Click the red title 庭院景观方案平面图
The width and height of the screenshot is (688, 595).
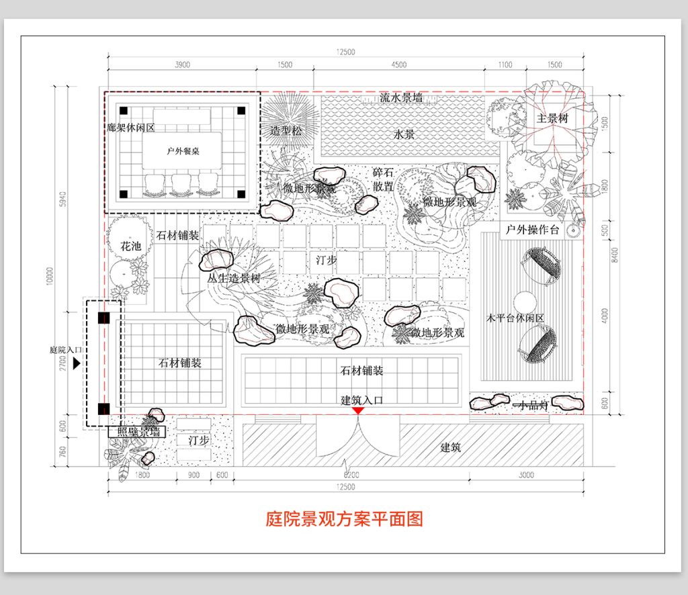click(x=344, y=519)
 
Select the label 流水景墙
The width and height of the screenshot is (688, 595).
click(x=401, y=98)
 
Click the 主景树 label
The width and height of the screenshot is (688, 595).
click(x=553, y=118)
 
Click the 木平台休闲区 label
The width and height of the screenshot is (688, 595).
click(x=515, y=318)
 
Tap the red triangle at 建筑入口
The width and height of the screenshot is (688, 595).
click(x=359, y=410)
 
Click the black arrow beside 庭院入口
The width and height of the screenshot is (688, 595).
click(x=77, y=363)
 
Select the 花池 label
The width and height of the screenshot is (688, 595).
click(x=131, y=246)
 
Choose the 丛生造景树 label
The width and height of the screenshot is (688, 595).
click(x=233, y=277)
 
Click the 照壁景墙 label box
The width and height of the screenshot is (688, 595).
click(x=137, y=432)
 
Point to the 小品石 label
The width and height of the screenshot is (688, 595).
click(x=531, y=406)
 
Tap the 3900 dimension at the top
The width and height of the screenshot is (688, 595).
click(x=182, y=65)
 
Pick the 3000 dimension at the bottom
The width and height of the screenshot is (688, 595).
click(x=526, y=475)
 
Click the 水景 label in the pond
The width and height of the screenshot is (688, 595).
click(x=404, y=134)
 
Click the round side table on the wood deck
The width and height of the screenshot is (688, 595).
click(x=524, y=300)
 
